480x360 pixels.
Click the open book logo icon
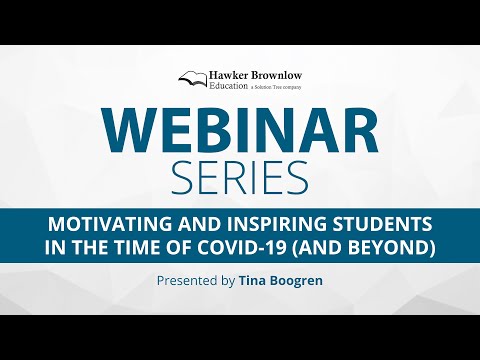(193, 78)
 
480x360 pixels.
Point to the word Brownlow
(282, 75)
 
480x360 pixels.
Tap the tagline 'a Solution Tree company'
(281, 88)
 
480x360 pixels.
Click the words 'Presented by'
(196, 281)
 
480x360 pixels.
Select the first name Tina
(254, 281)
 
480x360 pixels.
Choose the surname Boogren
(298, 281)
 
